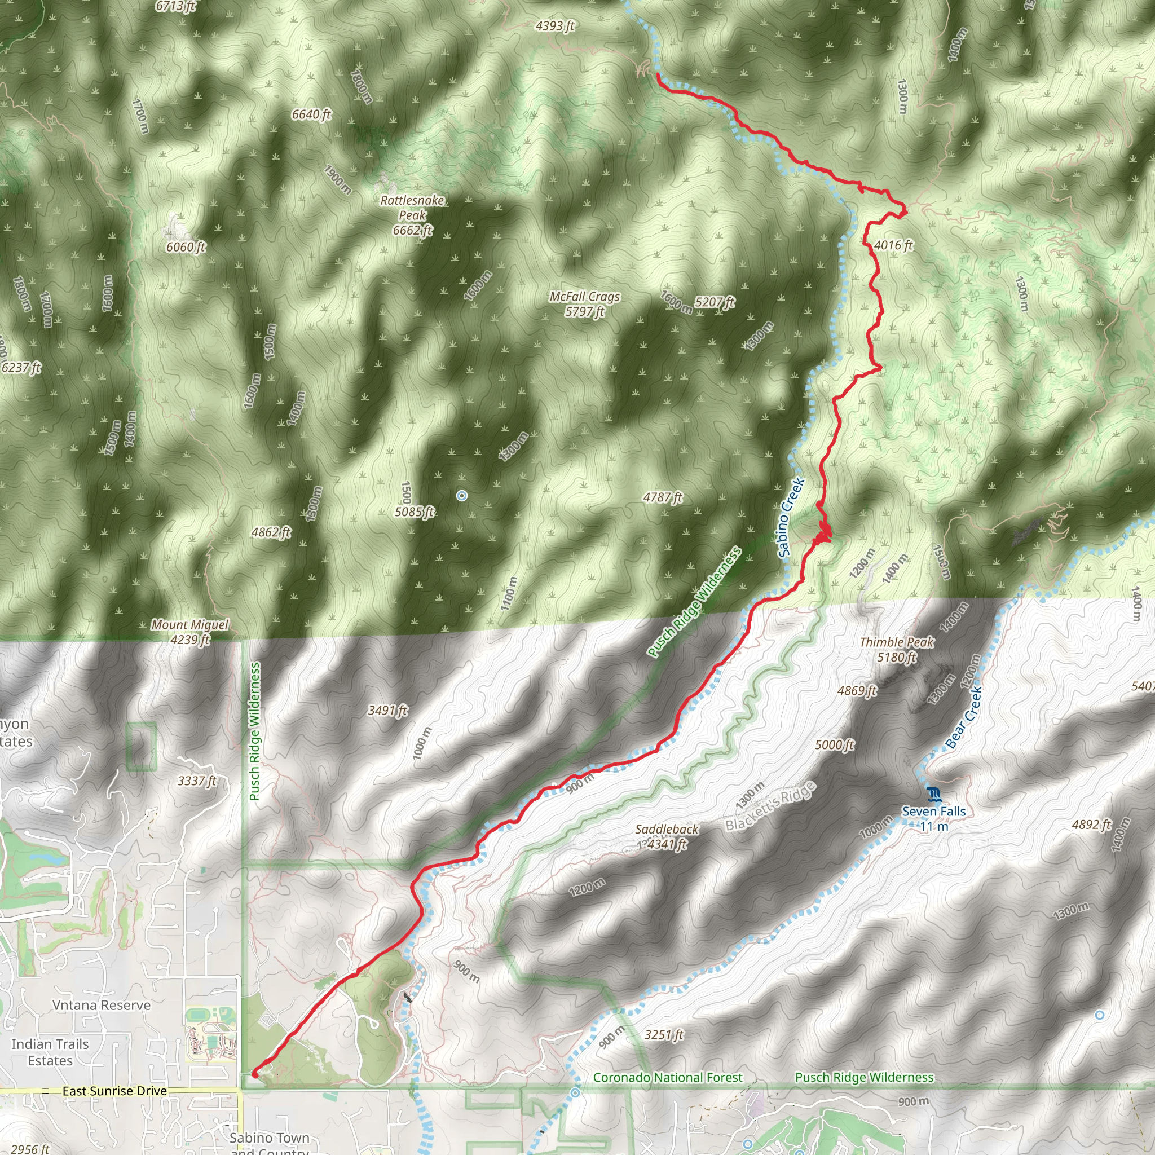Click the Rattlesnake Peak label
(412, 215)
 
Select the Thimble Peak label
(897, 650)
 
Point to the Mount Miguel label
(190, 632)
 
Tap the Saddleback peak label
(667, 836)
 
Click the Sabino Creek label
(790, 518)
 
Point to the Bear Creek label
(964, 717)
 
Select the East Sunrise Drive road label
(115, 1091)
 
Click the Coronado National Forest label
(667, 1077)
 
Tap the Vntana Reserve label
(102, 1005)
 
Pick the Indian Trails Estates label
(50, 1052)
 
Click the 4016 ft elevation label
(893, 245)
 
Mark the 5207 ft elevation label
(715, 302)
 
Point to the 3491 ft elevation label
(387, 710)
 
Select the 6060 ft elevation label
(186, 247)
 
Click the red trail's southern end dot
(255, 1074)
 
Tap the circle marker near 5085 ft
(461, 496)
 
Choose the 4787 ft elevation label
(663, 497)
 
